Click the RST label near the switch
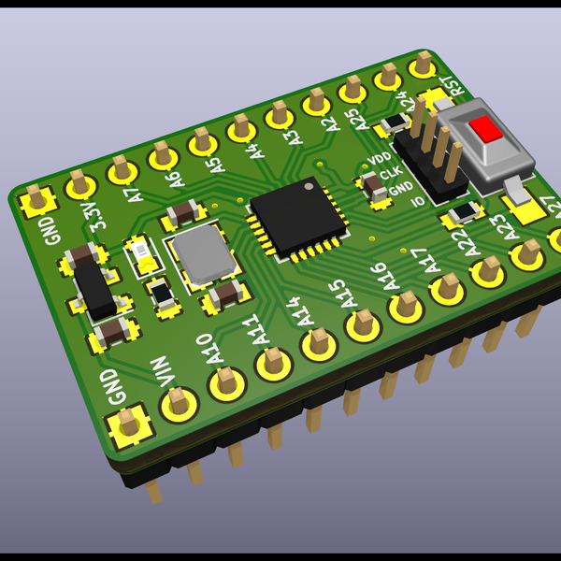pyautogui.click(x=455, y=86)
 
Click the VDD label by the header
pyautogui.click(x=379, y=159)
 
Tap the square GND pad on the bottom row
pyautogui.click(x=132, y=426)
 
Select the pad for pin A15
pyautogui.click(x=363, y=324)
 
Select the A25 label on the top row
pyautogui.click(x=354, y=119)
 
